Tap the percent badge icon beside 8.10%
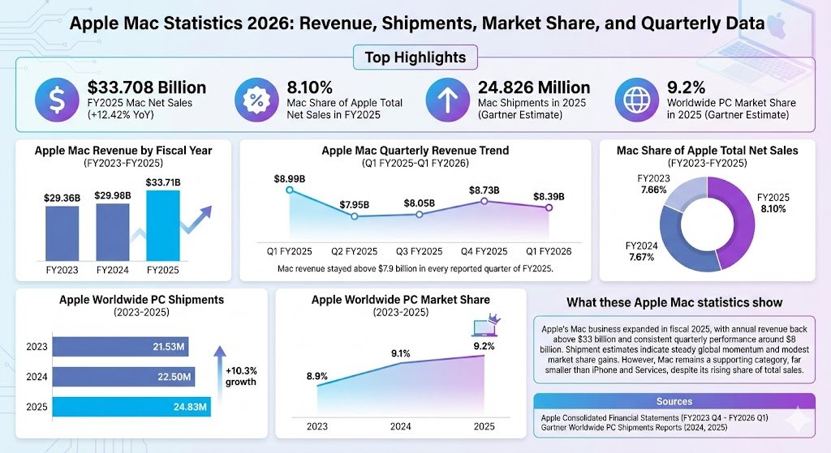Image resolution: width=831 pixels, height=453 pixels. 256,100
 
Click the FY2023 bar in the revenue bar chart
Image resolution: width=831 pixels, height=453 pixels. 62,234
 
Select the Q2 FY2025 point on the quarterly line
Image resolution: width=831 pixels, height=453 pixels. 354,216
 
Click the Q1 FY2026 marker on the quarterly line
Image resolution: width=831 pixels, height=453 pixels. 549,208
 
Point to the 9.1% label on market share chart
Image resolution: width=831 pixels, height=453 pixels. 400,353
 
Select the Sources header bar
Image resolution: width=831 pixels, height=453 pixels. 674,401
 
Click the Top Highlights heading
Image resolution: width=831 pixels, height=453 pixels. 415,58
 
